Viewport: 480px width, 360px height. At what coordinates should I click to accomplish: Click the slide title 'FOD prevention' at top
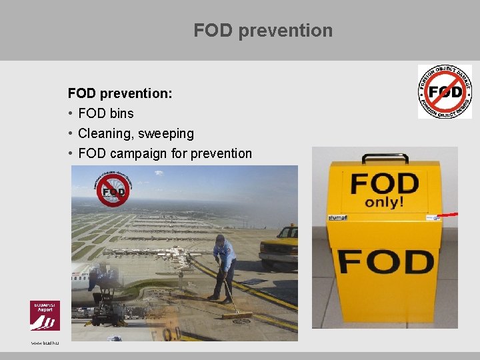263,31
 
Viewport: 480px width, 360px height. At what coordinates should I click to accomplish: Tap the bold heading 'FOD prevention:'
120,94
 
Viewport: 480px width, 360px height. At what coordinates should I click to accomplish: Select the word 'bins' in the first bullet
121,114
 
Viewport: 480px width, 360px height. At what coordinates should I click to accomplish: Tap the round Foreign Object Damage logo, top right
445,92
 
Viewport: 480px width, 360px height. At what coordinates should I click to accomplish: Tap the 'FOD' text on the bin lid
385,183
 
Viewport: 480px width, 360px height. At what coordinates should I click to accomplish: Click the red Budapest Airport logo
45,315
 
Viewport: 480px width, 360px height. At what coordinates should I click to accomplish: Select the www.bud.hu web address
45,342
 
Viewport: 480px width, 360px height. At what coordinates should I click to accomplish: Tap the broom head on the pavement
238,314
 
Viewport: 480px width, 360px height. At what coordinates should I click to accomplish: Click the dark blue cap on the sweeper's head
220,237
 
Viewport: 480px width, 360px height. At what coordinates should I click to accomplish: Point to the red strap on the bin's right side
447,215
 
